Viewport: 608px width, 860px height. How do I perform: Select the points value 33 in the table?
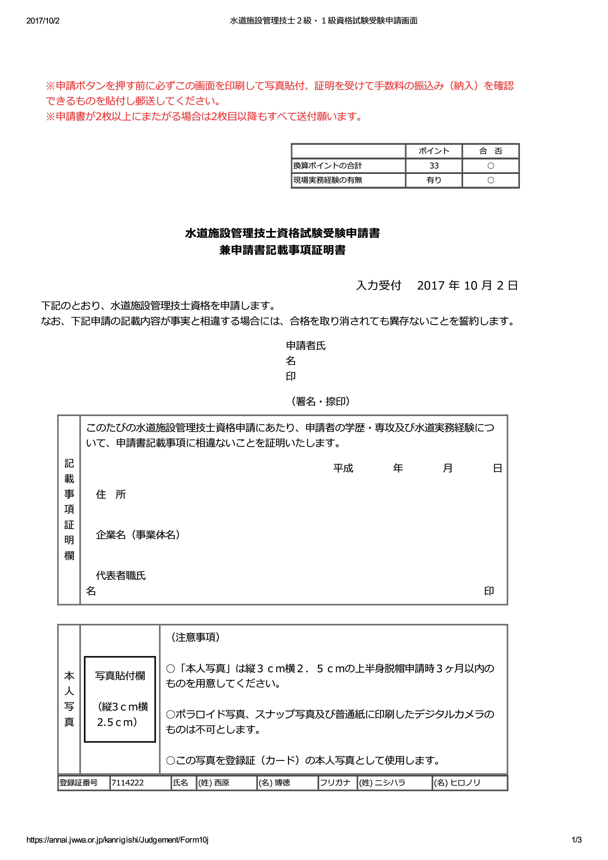[434, 166]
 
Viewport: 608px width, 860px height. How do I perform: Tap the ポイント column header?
[434, 151]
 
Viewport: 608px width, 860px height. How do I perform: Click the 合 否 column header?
[490, 151]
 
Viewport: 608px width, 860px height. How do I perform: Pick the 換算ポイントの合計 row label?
[328, 166]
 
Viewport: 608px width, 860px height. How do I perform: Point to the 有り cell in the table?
[434, 180]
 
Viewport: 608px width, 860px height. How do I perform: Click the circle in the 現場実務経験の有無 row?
[490, 180]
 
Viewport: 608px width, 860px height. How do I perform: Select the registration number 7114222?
[128, 783]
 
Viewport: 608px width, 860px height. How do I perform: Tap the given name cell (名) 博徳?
[274, 783]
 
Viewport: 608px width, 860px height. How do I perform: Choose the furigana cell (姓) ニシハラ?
[382, 783]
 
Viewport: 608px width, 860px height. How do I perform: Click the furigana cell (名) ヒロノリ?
[457, 783]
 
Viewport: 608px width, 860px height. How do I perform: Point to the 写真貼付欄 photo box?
[120, 699]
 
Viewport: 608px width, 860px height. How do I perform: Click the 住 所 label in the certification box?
[111, 495]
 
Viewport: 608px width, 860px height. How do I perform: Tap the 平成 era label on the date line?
[343, 468]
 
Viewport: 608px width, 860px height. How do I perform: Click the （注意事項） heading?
[195, 637]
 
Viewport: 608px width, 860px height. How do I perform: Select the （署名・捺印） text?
[321, 401]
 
